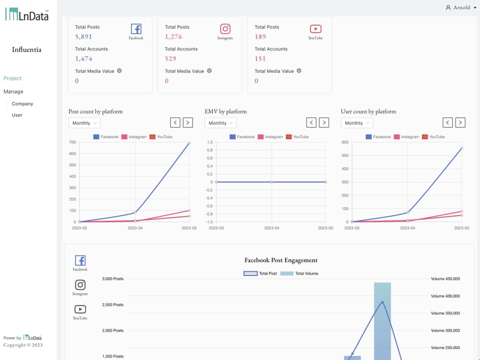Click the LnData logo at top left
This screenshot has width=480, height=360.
(x=26, y=14)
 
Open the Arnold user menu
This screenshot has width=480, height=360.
(x=458, y=8)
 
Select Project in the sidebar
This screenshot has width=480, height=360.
(x=12, y=78)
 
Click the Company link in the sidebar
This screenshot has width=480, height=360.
(x=23, y=104)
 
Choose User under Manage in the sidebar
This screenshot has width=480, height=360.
(x=17, y=115)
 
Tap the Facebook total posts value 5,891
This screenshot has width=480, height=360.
(x=84, y=36)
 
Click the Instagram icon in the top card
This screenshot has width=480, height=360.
(x=225, y=29)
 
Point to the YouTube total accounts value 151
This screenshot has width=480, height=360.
(x=260, y=59)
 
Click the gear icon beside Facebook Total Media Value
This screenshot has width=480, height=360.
(x=120, y=71)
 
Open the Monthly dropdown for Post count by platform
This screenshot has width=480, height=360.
(x=84, y=123)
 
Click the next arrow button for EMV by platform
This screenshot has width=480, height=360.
(x=324, y=123)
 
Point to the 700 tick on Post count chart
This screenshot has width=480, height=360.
(x=72, y=142)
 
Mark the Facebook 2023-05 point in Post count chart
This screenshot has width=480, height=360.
(x=189, y=143)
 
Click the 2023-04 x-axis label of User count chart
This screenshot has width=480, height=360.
(x=408, y=228)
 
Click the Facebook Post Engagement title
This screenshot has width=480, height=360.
(x=281, y=260)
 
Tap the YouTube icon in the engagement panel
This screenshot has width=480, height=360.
(x=80, y=310)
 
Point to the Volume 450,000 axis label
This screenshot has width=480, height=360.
(x=445, y=279)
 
